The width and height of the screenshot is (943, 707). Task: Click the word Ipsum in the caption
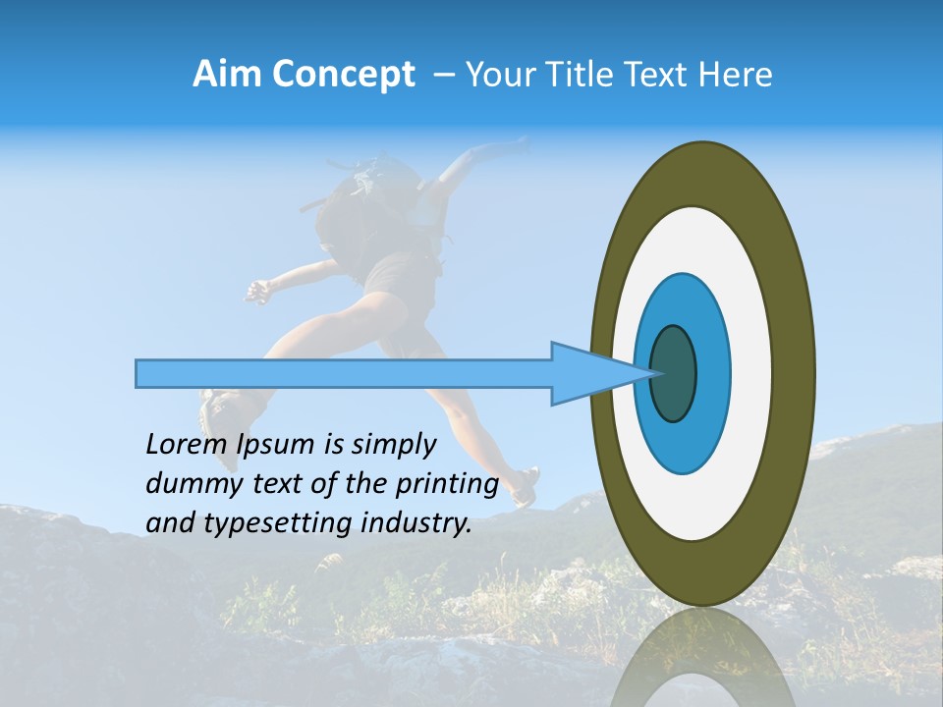(x=277, y=445)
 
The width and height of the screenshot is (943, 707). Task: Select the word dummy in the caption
(x=190, y=484)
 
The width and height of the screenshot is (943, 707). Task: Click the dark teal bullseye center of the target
(x=674, y=374)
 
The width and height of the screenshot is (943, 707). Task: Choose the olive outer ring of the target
(x=794, y=373)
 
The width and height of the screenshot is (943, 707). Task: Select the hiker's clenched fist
(x=256, y=291)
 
